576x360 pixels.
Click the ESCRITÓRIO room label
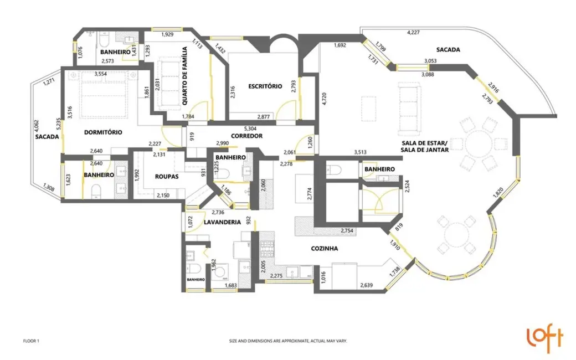(265, 86)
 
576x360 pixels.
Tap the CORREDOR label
(246, 136)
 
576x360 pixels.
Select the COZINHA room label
(325, 248)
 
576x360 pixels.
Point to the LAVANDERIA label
(222, 222)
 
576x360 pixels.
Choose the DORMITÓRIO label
(103, 132)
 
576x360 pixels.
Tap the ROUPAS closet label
(166, 176)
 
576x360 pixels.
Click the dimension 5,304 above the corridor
(250, 128)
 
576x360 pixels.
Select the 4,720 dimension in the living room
(323, 99)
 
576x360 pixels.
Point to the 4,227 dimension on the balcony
(413, 32)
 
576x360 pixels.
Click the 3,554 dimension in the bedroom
(101, 74)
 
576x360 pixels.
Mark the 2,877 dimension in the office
(264, 117)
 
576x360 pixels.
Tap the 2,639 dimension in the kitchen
(367, 285)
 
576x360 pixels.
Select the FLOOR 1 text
(31, 341)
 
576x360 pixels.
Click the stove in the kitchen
(267, 249)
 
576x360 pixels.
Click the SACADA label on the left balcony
(47, 137)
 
